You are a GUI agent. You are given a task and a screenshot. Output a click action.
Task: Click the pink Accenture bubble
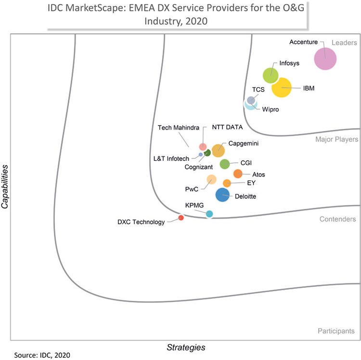[325, 59]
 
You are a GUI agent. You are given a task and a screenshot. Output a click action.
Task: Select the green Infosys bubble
[271, 75]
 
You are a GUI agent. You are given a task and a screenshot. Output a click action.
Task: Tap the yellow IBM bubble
[282, 87]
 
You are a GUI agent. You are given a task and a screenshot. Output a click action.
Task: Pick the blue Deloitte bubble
[222, 195]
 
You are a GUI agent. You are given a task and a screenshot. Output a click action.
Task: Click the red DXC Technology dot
[181, 218]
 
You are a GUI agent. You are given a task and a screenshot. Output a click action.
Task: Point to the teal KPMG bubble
[209, 214]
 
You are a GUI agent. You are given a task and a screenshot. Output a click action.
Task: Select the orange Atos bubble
[238, 174]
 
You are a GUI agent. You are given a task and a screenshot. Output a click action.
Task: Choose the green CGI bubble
[224, 164]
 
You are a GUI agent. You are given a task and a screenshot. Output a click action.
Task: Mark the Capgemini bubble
[218, 150]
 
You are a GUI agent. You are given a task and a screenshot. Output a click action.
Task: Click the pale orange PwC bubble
[211, 180]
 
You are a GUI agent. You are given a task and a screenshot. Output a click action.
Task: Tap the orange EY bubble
[227, 183]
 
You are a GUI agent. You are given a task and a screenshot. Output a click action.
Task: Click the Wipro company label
[271, 110]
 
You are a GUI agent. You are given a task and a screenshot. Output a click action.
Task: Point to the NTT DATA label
[227, 128]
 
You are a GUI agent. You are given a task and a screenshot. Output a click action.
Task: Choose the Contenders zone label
[337, 219]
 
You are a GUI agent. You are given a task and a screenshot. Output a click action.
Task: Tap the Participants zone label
[336, 331]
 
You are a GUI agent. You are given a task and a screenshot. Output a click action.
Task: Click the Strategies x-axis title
[186, 347]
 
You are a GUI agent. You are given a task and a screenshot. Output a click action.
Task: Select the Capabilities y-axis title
[5, 187]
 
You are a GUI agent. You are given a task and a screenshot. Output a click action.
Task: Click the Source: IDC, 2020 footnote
[42, 355]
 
